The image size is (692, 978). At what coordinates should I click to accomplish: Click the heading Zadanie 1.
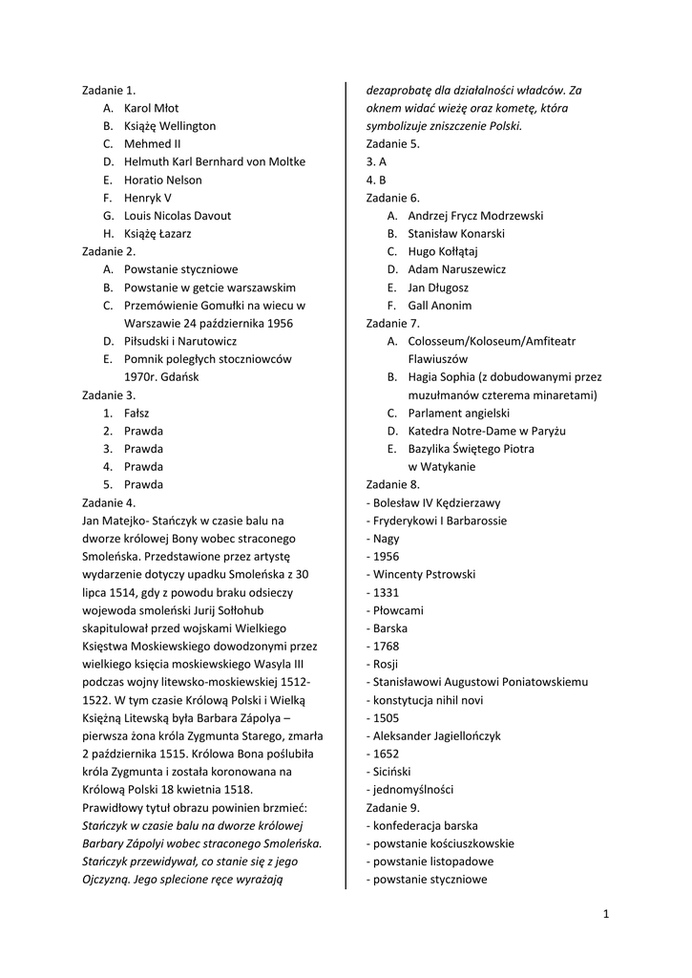pyautogui.click(x=109, y=90)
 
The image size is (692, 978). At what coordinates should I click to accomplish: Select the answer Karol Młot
pyautogui.click(x=151, y=108)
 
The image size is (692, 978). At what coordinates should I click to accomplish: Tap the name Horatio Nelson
pyautogui.click(x=162, y=180)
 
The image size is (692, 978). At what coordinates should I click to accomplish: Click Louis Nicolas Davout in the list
pyautogui.click(x=178, y=216)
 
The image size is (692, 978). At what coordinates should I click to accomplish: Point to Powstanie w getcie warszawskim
pyautogui.click(x=210, y=287)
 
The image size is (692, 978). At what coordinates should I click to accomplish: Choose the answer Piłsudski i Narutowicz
pyautogui.click(x=180, y=341)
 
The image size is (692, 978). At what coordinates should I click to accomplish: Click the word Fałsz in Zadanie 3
pyautogui.click(x=136, y=413)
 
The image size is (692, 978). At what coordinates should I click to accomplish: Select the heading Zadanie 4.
pyautogui.click(x=109, y=502)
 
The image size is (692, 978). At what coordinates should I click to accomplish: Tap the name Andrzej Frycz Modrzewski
pyautogui.click(x=475, y=216)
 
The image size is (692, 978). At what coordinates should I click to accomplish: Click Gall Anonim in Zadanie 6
pyautogui.click(x=439, y=306)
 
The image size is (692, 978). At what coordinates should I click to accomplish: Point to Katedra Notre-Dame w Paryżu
pyautogui.click(x=487, y=431)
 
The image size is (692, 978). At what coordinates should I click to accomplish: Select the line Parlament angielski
pyautogui.click(x=459, y=413)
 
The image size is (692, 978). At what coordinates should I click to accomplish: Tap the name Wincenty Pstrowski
pyautogui.click(x=424, y=574)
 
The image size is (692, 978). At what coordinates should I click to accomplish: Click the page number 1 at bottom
pyautogui.click(x=606, y=914)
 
